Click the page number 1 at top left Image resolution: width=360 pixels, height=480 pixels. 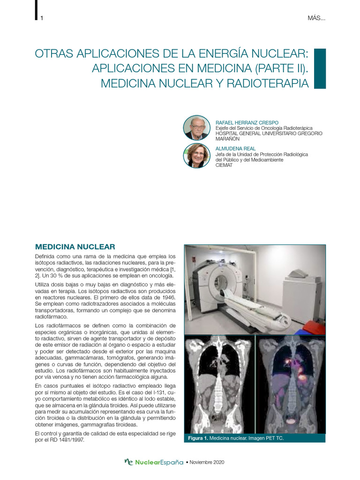[x=42, y=18]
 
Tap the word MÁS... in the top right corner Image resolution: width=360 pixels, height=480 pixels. [x=316, y=18]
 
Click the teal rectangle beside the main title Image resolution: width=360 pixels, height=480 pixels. [x=319, y=68]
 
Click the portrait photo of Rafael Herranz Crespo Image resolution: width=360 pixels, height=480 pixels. [x=197, y=127]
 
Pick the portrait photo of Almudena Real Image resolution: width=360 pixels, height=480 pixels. [x=197, y=156]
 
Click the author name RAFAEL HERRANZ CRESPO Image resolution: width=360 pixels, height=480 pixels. [x=246, y=122]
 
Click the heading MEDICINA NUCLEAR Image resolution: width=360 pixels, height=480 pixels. [x=75, y=247]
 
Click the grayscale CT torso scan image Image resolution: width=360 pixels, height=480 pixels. [x=219, y=384]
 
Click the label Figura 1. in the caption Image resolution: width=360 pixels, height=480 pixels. [x=197, y=438]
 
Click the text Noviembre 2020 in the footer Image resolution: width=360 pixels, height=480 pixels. [x=207, y=463]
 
